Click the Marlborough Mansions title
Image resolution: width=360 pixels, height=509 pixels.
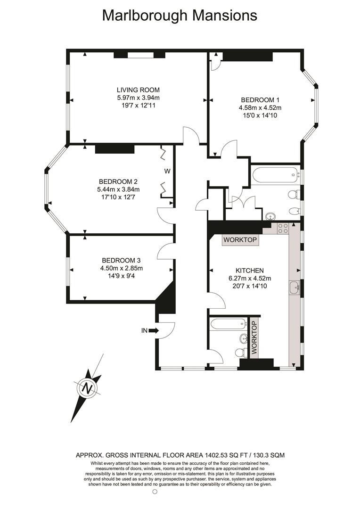180,16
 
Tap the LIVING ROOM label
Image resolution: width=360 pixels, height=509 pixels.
138,90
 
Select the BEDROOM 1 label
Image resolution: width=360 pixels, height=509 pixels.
260,100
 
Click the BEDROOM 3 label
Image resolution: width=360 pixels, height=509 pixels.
121,260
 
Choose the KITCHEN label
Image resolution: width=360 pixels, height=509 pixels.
249,271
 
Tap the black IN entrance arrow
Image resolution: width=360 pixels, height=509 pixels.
154,331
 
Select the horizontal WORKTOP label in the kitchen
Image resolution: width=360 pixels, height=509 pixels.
240,240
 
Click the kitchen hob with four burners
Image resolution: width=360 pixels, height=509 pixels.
282,228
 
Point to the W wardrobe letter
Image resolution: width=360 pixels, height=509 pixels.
167,172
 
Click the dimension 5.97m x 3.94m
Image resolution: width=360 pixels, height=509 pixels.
138,98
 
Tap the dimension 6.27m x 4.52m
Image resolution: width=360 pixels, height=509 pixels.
249,278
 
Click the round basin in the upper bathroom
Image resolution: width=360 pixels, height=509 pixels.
270,216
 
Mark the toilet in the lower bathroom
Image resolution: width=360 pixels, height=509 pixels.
241,352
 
